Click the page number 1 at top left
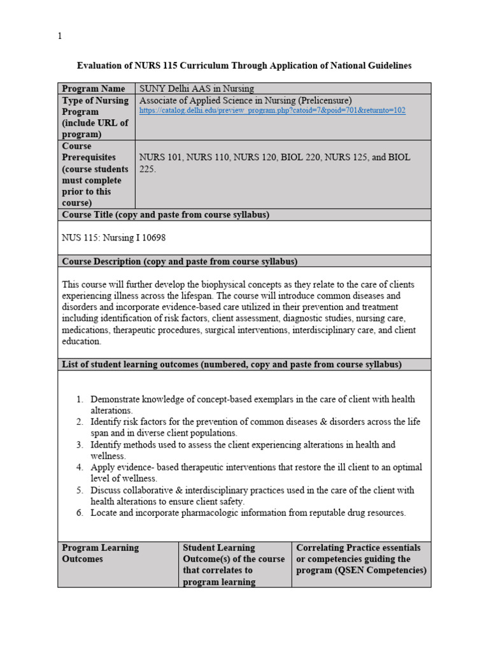[x=60, y=36]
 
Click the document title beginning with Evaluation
[x=244, y=66]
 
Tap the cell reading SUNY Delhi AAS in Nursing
[x=197, y=89]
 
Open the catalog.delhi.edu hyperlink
[x=272, y=110]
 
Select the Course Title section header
[x=165, y=215]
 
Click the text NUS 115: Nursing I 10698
[x=114, y=237]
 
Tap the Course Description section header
[x=180, y=261]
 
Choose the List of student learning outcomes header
[x=231, y=364]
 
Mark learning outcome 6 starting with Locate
[x=248, y=513]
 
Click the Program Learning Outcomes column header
[x=100, y=553]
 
